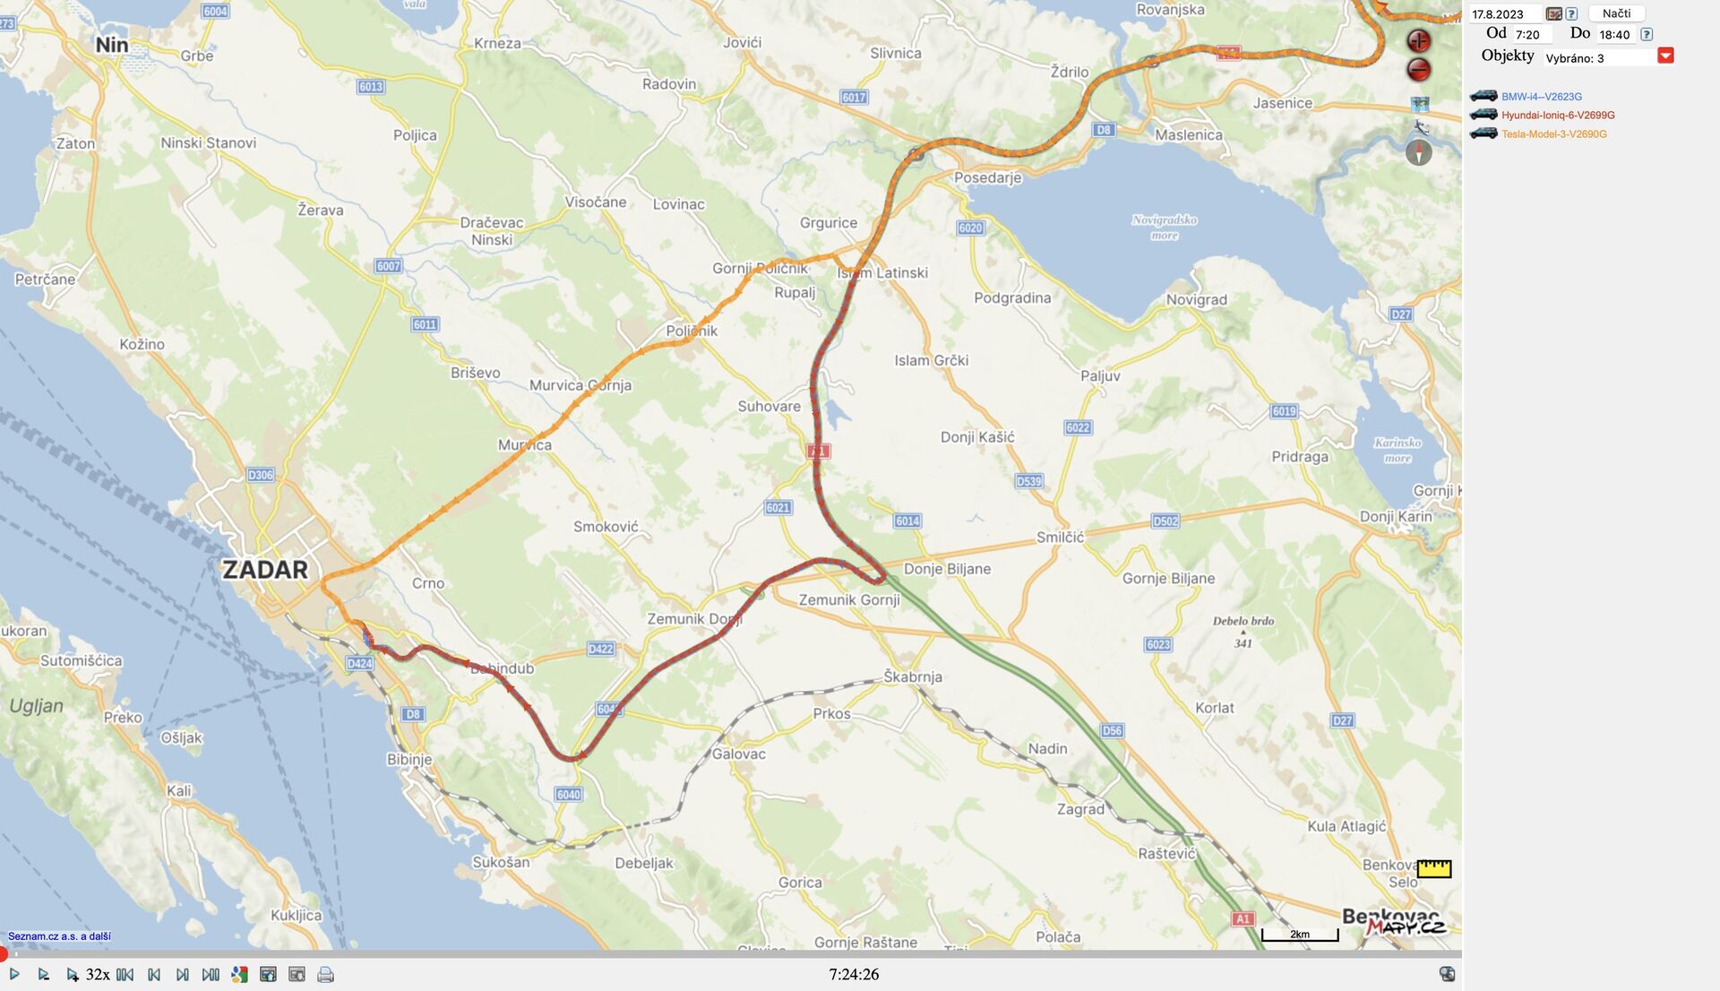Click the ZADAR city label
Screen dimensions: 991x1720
click(x=264, y=570)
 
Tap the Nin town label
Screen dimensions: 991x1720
click(x=112, y=45)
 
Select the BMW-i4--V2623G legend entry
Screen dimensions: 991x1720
click(x=1541, y=97)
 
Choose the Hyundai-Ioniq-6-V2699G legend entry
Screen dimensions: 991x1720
click(x=1558, y=116)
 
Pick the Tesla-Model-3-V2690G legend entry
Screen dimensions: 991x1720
click(x=1553, y=134)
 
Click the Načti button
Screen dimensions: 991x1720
click(x=1616, y=13)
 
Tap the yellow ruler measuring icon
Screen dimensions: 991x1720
click(x=1433, y=868)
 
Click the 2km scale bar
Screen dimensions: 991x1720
click(x=1300, y=935)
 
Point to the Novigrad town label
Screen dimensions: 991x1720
click(x=1196, y=300)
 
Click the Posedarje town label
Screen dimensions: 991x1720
click(x=987, y=177)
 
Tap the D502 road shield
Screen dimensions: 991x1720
click(x=1165, y=521)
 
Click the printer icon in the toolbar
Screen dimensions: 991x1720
click(x=325, y=975)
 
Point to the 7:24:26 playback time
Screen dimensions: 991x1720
click(x=854, y=975)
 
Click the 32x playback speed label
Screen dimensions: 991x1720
click(x=98, y=975)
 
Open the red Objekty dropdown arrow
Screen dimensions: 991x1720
click(x=1665, y=56)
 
